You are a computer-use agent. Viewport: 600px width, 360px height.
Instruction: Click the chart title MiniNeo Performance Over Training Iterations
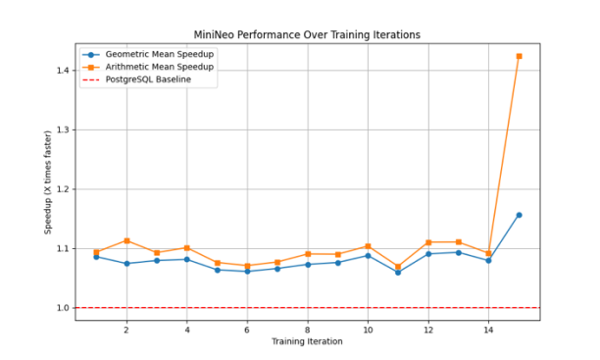pos(307,34)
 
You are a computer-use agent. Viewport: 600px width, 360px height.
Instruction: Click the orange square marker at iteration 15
pos(519,56)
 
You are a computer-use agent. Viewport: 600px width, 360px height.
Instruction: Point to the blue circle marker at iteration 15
pos(519,215)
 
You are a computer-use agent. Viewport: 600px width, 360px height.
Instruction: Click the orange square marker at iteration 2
pos(126,240)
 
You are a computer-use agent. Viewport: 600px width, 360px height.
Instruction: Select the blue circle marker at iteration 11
pos(398,272)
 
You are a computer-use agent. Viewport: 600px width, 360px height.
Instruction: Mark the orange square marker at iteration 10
pos(368,246)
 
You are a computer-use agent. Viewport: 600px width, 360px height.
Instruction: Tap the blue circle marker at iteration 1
pos(96,257)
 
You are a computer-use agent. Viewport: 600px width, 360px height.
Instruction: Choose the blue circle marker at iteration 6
pos(247,271)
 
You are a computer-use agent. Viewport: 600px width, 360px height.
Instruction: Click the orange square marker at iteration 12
pos(428,242)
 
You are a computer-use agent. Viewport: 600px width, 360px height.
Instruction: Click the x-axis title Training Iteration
pos(307,342)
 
